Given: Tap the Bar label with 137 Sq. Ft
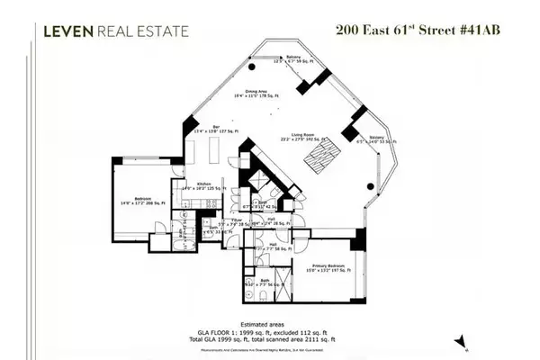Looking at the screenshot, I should [217, 129].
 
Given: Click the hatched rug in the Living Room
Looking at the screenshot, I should [321, 158].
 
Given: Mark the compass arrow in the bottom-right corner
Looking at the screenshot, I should [461, 340].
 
